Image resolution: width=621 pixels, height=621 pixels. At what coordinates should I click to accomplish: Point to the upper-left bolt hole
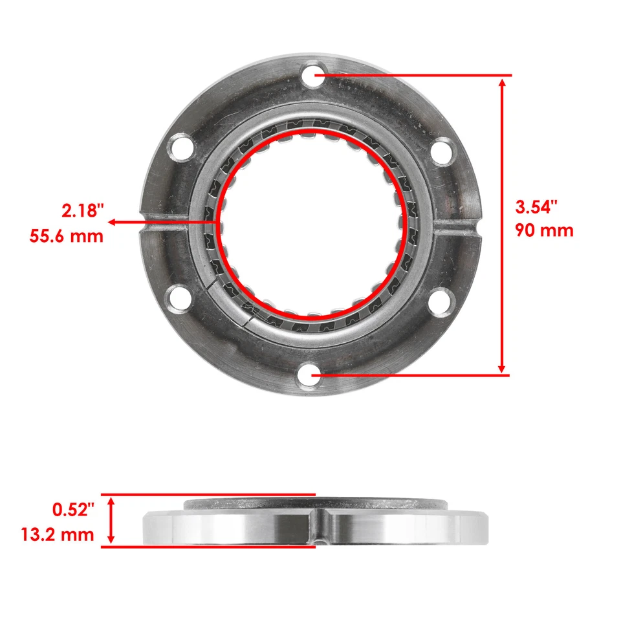pos(179,145)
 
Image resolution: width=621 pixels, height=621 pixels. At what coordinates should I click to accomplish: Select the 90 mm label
pos(544,230)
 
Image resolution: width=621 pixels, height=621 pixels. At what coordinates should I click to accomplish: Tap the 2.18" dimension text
pos(83,211)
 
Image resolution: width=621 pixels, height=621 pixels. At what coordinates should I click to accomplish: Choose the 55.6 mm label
pos(67,235)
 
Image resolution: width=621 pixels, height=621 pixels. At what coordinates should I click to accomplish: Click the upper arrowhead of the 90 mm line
pos(502,82)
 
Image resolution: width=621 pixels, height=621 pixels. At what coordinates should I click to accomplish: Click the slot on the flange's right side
pos(457,226)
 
